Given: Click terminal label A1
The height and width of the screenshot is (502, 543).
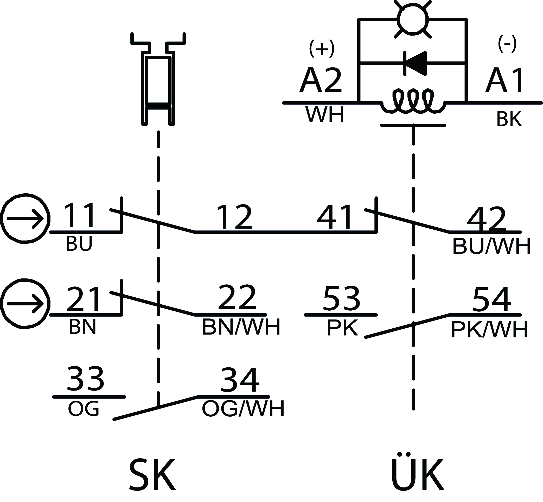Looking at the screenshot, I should (x=505, y=80).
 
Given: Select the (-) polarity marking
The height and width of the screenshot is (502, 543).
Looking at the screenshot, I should (x=507, y=45).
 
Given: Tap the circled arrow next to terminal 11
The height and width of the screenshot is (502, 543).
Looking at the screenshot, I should (x=25, y=218).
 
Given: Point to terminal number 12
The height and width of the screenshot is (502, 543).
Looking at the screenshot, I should (x=235, y=217).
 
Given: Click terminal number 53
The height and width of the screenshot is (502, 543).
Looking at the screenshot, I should (x=341, y=299).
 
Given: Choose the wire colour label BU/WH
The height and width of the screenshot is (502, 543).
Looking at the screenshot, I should (x=491, y=247).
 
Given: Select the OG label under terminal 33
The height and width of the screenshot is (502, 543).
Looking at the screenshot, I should (x=83, y=409).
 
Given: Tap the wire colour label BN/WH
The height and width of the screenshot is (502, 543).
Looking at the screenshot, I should (x=241, y=327).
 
